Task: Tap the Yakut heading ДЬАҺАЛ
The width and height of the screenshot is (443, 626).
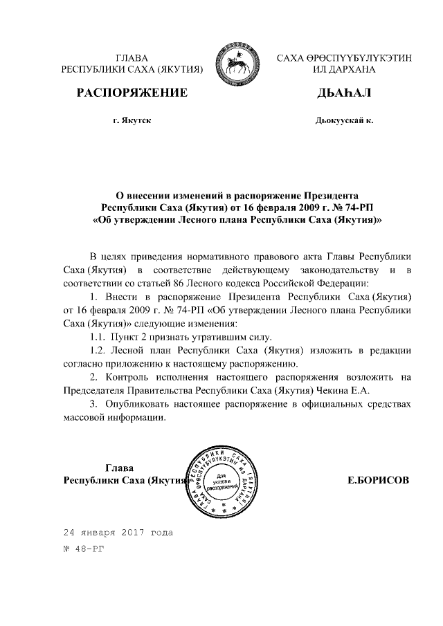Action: (x=344, y=93)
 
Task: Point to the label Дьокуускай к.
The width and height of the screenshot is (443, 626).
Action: (x=343, y=120)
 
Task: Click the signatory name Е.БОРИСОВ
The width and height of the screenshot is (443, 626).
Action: (x=379, y=479)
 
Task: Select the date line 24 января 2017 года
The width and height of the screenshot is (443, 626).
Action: (x=118, y=533)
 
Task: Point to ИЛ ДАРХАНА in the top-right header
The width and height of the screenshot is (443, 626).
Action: (x=343, y=70)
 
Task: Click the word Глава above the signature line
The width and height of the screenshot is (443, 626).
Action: (x=119, y=467)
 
